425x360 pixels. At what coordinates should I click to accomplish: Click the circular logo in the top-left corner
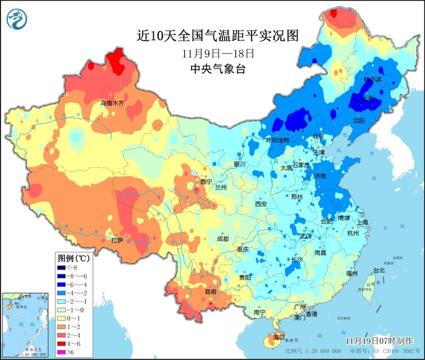[17, 19]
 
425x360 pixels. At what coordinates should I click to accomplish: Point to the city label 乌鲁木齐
[112, 103]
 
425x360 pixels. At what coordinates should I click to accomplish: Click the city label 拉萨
[116, 240]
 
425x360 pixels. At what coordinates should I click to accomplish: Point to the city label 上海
[363, 222]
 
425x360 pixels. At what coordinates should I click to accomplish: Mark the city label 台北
[379, 270]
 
